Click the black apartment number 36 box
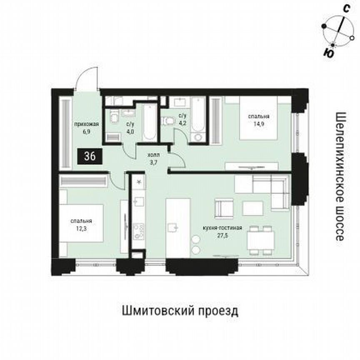click(89, 156)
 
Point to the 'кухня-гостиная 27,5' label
click(227, 231)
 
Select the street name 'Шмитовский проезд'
click(180, 311)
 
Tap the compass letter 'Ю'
click(328, 53)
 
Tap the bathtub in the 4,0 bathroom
click(148, 123)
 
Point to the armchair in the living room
click(224, 207)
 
